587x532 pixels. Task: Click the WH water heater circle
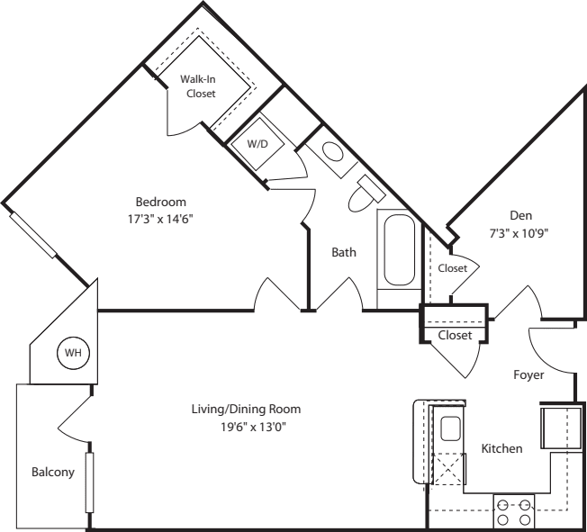point(73,353)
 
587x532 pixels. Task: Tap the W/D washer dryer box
point(257,144)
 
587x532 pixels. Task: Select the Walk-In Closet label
point(198,86)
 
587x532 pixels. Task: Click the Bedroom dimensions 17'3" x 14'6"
point(160,219)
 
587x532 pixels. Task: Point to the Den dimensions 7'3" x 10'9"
point(519,233)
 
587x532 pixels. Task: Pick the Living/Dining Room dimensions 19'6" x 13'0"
point(253,427)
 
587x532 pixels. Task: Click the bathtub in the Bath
point(400,249)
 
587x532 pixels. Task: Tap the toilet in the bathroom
point(366,194)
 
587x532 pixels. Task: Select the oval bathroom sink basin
point(332,151)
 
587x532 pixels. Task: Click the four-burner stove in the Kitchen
point(514,512)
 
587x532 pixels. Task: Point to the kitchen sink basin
point(449,429)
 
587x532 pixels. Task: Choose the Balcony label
point(53,472)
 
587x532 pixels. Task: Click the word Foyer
point(528,374)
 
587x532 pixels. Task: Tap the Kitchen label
point(501,448)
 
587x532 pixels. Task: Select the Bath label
point(344,252)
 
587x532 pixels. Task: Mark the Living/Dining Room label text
point(246,409)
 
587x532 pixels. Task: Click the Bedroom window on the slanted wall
point(33,235)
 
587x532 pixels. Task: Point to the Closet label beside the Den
point(453,268)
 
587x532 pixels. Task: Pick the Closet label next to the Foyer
point(455,335)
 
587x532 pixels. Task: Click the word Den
point(520,215)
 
